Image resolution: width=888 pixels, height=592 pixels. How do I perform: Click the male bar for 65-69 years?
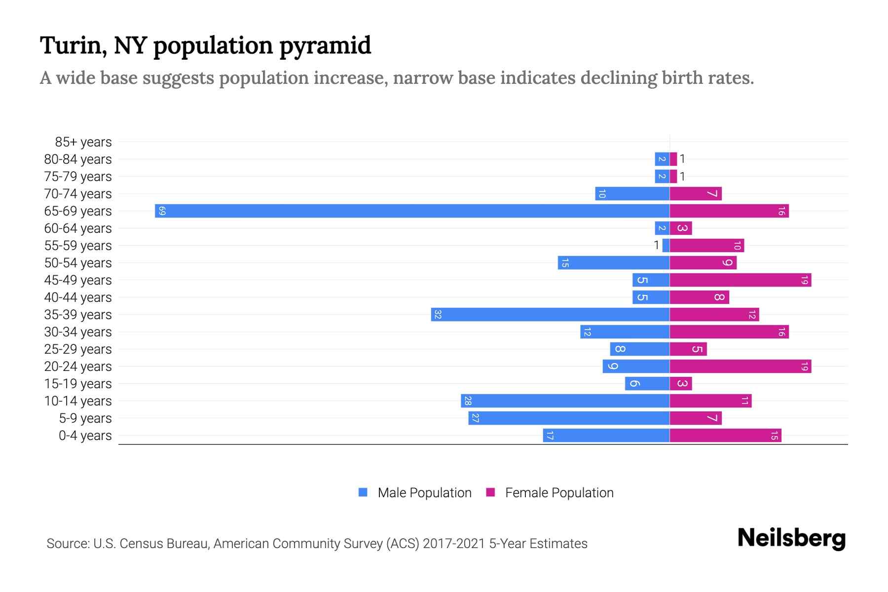click(x=412, y=211)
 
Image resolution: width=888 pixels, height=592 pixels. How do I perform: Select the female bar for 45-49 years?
click(x=740, y=280)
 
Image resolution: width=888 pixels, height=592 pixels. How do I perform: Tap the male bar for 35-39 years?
click(x=550, y=315)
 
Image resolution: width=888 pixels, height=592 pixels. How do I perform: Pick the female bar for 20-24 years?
click(x=740, y=367)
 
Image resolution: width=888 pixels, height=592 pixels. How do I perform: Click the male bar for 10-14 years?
click(x=565, y=401)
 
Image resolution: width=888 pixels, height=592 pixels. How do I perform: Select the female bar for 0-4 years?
click(x=725, y=436)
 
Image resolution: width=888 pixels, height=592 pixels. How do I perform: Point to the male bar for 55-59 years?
click(x=666, y=246)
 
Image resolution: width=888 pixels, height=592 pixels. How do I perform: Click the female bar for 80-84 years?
click(x=673, y=159)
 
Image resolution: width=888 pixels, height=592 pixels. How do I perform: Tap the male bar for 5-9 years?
click(x=569, y=418)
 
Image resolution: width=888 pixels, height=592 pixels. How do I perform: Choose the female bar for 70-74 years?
click(x=696, y=194)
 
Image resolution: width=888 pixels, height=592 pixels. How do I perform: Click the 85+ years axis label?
click(x=83, y=142)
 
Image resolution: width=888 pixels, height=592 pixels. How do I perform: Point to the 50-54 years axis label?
click(x=78, y=263)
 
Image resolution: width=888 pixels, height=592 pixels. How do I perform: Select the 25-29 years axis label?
click(x=78, y=349)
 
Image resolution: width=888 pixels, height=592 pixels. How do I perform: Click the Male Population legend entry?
click(x=424, y=493)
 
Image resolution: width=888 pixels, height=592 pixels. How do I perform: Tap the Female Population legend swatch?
click(x=490, y=492)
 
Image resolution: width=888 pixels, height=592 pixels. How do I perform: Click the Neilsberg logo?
click(x=791, y=538)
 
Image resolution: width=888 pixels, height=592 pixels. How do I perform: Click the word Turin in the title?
click(x=71, y=45)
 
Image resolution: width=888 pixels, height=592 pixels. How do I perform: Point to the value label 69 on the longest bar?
click(x=162, y=211)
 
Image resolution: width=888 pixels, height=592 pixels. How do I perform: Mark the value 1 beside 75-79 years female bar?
click(x=682, y=177)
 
